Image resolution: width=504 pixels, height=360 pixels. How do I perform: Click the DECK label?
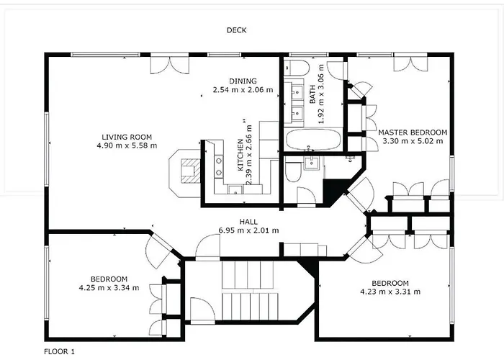pyautogui.click(x=237, y=30)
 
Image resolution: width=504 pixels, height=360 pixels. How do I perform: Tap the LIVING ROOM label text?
pyautogui.click(x=127, y=138)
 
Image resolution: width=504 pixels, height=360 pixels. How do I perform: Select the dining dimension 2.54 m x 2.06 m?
pyautogui.click(x=243, y=90)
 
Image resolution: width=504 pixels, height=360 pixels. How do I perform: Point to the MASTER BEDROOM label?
pyautogui.click(x=413, y=132)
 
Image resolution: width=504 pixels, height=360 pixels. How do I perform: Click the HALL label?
pyautogui.click(x=248, y=222)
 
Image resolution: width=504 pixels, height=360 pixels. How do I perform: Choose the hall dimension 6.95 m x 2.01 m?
pyautogui.click(x=249, y=230)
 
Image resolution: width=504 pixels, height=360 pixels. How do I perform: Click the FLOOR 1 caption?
pyautogui.click(x=59, y=351)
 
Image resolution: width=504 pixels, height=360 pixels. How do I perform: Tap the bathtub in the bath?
pyautogui.click(x=313, y=140)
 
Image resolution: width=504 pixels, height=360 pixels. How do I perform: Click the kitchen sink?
pyautogui.click(x=236, y=189)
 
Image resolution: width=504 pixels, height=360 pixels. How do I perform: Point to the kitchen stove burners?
pyautogui.click(x=219, y=166)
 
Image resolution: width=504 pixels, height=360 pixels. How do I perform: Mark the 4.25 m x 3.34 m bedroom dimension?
pyautogui.click(x=109, y=288)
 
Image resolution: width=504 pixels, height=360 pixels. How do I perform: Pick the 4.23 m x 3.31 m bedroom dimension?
pyautogui.click(x=390, y=292)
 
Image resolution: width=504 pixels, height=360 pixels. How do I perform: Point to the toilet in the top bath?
pyautogui.click(x=297, y=68)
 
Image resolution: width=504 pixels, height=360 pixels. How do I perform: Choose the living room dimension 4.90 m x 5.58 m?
pyautogui.click(x=127, y=145)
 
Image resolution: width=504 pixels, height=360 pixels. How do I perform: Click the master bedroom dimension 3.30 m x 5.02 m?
pyautogui.click(x=413, y=141)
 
